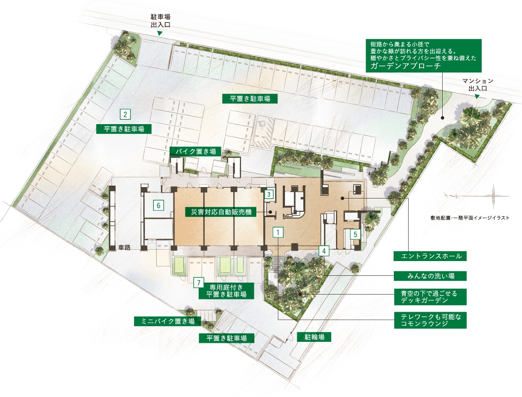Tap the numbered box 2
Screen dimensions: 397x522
(x=126, y=115)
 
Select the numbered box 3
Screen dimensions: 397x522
(x=269, y=194)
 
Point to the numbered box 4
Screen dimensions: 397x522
(x=323, y=250)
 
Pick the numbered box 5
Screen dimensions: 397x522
(x=355, y=234)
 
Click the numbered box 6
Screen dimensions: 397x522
(x=158, y=205)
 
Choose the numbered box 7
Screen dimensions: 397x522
(x=198, y=283)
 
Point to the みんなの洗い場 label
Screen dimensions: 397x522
(x=430, y=275)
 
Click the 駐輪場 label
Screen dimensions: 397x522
(x=314, y=337)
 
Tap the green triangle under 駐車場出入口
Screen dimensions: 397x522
(x=160, y=33)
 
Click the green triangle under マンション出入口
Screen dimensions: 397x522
(x=477, y=97)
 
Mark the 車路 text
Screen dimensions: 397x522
(x=124, y=248)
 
